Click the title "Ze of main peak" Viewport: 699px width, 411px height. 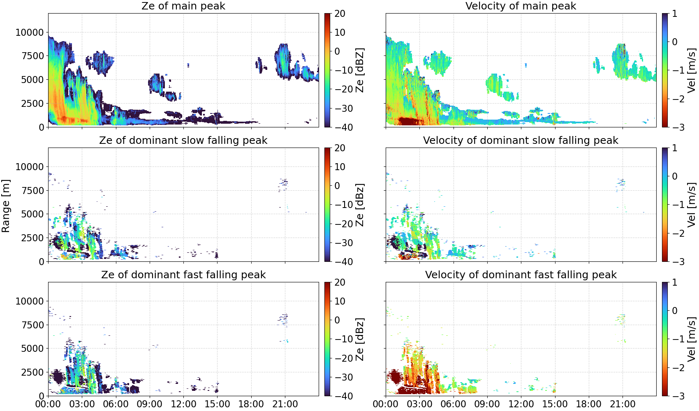click(x=183, y=6)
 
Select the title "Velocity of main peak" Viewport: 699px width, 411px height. click(x=521, y=6)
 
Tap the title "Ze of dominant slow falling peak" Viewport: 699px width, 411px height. click(x=183, y=140)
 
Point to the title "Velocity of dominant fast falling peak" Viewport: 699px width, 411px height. click(x=521, y=275)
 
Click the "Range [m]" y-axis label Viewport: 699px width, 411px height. click(x=6, y=206)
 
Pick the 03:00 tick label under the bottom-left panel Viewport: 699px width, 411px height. click(x=82, y=404)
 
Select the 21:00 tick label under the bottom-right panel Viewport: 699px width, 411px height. click(x=623, y=404)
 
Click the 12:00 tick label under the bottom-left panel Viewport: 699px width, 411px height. click(x=183, y=404)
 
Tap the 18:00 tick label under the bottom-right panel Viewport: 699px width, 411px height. click(x=588, y=404)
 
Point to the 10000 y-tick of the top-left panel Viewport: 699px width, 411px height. click(x=30, y=32)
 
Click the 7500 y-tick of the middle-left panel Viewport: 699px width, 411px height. click(x=32, y=191)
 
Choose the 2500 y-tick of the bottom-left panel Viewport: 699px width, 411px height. click(x=32, y=372)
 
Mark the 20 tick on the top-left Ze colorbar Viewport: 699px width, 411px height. click(x=340, y=14)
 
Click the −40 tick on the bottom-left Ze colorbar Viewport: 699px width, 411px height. click(x=343, y=396)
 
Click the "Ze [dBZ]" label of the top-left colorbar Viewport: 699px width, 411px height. click(x=360, y=70)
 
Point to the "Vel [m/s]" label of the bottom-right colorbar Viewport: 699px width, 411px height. click(x=692, y=339)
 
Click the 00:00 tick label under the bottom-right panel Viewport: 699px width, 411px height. click(x=386, y=404)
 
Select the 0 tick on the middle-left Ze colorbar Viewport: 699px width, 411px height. click(x=337, y=186)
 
